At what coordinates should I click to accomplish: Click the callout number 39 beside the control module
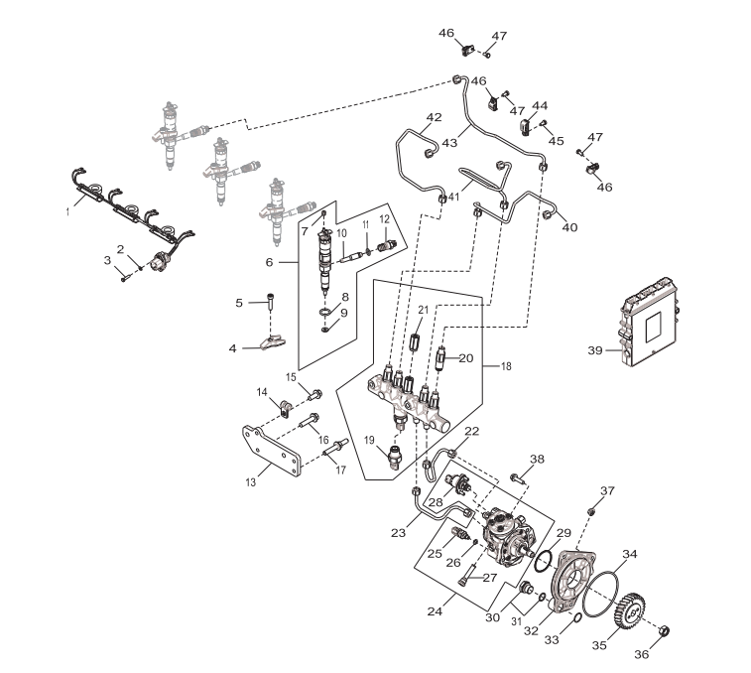(595, 351)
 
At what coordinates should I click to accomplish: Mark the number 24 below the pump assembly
(435, 611)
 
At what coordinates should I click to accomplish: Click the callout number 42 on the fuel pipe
(433, 117)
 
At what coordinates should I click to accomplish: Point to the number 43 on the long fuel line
(449, 143)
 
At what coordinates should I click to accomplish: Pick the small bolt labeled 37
(592, 509)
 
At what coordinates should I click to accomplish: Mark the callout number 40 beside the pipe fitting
(569, 227)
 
